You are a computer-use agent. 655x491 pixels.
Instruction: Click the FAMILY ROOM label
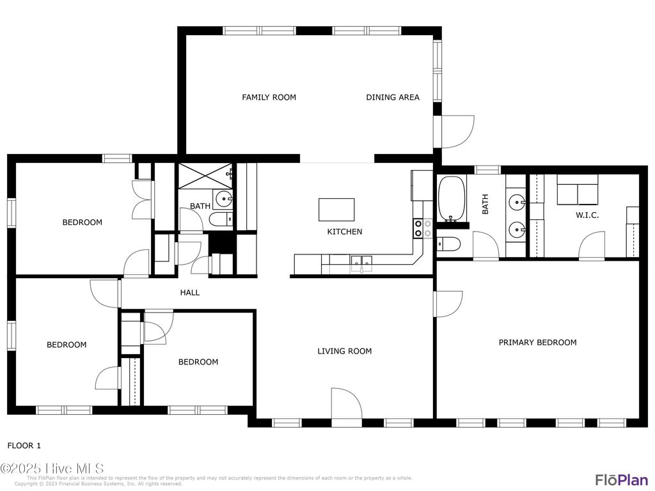[x=269, y=97]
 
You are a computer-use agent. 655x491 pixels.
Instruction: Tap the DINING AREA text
[x=393, y=97]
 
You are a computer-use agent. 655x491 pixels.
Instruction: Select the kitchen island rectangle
[x=336, y=209]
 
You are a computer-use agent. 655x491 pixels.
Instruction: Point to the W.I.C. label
[x=587, y=215]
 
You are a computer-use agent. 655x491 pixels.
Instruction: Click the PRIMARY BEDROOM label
[x=537, y=343]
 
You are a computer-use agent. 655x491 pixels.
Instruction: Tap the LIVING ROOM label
[x=345, y=351]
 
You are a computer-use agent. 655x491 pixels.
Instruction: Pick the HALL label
[x=190, y=293]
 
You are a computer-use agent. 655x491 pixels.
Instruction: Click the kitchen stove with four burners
[x=423, y=228]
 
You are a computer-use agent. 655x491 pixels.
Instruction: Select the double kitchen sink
[x=362, y=261]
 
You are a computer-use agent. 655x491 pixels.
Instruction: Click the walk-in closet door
[x=592, y=246]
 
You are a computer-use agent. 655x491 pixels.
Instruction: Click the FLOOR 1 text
[x=24, y=446]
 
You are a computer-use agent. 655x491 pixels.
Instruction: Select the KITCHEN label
[x=345, y=232]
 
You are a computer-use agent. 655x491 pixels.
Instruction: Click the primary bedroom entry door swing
[x=448, y=304]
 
